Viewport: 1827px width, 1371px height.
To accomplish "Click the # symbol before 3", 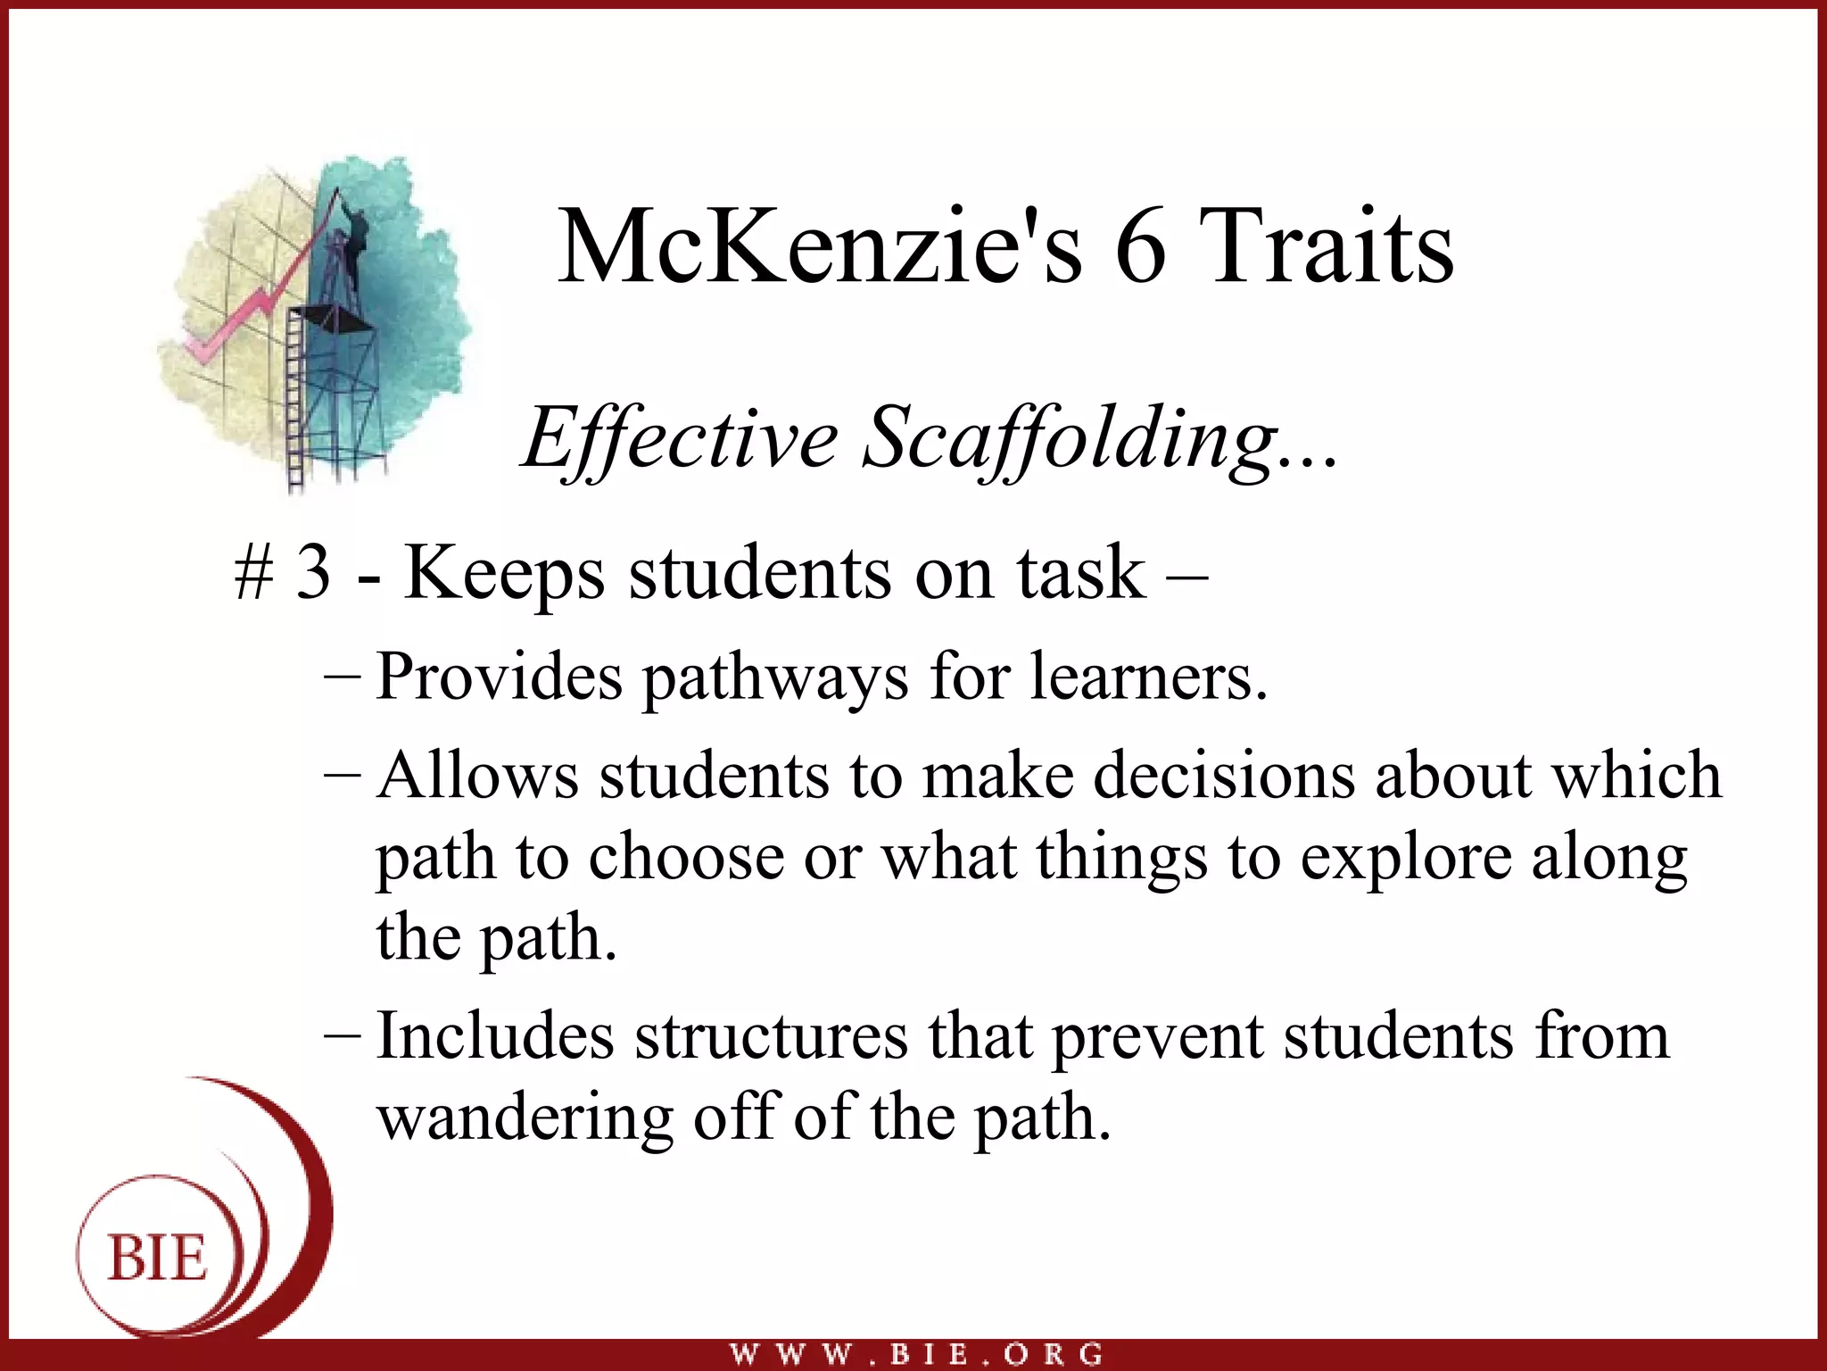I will (253, 573).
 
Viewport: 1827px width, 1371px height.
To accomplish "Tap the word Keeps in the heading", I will (504, 573).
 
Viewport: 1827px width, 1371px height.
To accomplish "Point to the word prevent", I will (1157, 1037).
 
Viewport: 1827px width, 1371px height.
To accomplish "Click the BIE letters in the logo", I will (158, 1259).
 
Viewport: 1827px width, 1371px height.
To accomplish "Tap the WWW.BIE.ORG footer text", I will (916, 1353).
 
